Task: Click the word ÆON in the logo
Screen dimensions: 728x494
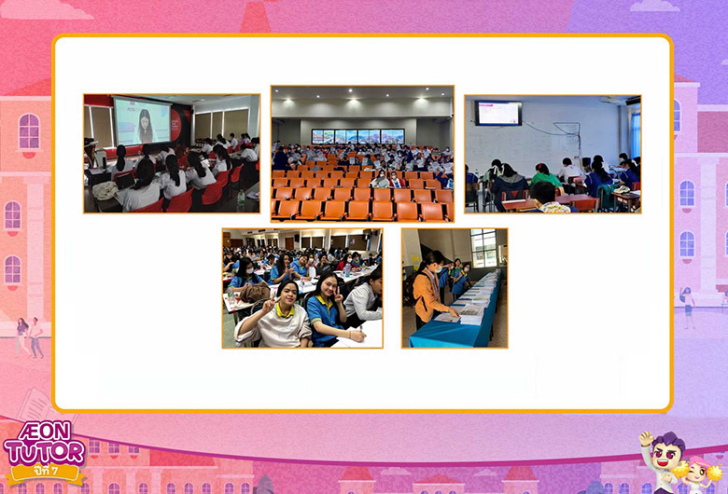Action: coord(44,432)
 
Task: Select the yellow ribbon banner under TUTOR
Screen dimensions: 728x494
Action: coord(46,473)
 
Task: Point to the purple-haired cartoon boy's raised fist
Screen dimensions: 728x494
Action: coord(645,437)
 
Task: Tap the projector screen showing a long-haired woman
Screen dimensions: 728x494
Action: coord(143,121)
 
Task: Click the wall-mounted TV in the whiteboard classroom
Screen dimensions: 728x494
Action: coord(498,113)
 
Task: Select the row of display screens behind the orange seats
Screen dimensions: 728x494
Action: coord(358,136)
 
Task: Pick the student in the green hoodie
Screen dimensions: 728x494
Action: coord(546,175)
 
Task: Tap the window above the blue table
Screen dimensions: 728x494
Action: coord(483,249)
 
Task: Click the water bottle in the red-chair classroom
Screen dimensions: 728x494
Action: coord(241,199)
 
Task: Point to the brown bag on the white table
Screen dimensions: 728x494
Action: coord(255,292)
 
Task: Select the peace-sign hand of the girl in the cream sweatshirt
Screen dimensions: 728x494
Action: coord(270,305)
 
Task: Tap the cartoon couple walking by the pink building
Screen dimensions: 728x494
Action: coord(29,337)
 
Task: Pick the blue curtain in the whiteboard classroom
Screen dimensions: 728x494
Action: coord(636,134)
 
